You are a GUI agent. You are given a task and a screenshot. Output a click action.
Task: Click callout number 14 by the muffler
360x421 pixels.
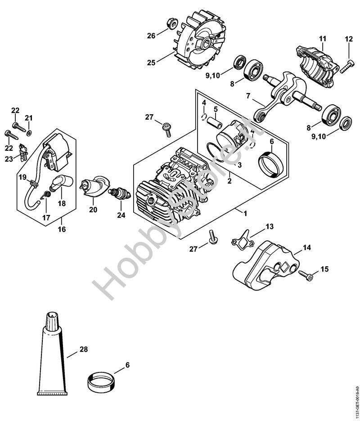306,247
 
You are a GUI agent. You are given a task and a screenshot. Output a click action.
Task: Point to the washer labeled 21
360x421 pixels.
29,133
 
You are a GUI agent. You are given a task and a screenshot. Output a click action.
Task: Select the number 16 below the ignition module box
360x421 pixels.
62,229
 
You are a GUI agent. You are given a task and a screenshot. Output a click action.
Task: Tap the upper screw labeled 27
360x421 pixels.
167,128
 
